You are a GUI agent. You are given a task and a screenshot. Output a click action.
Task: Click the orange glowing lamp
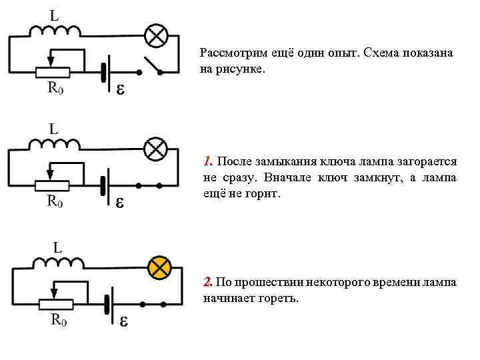click(159, 267)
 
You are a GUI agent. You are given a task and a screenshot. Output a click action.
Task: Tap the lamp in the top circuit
click(156, 35)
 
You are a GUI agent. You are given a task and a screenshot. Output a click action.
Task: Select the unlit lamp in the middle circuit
click(156, 148)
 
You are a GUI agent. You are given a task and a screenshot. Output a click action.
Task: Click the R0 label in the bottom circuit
click(58, 320)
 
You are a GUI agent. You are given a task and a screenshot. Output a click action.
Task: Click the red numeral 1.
click(208, 161)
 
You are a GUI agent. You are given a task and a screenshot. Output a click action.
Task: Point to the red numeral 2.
click(208, 283)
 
